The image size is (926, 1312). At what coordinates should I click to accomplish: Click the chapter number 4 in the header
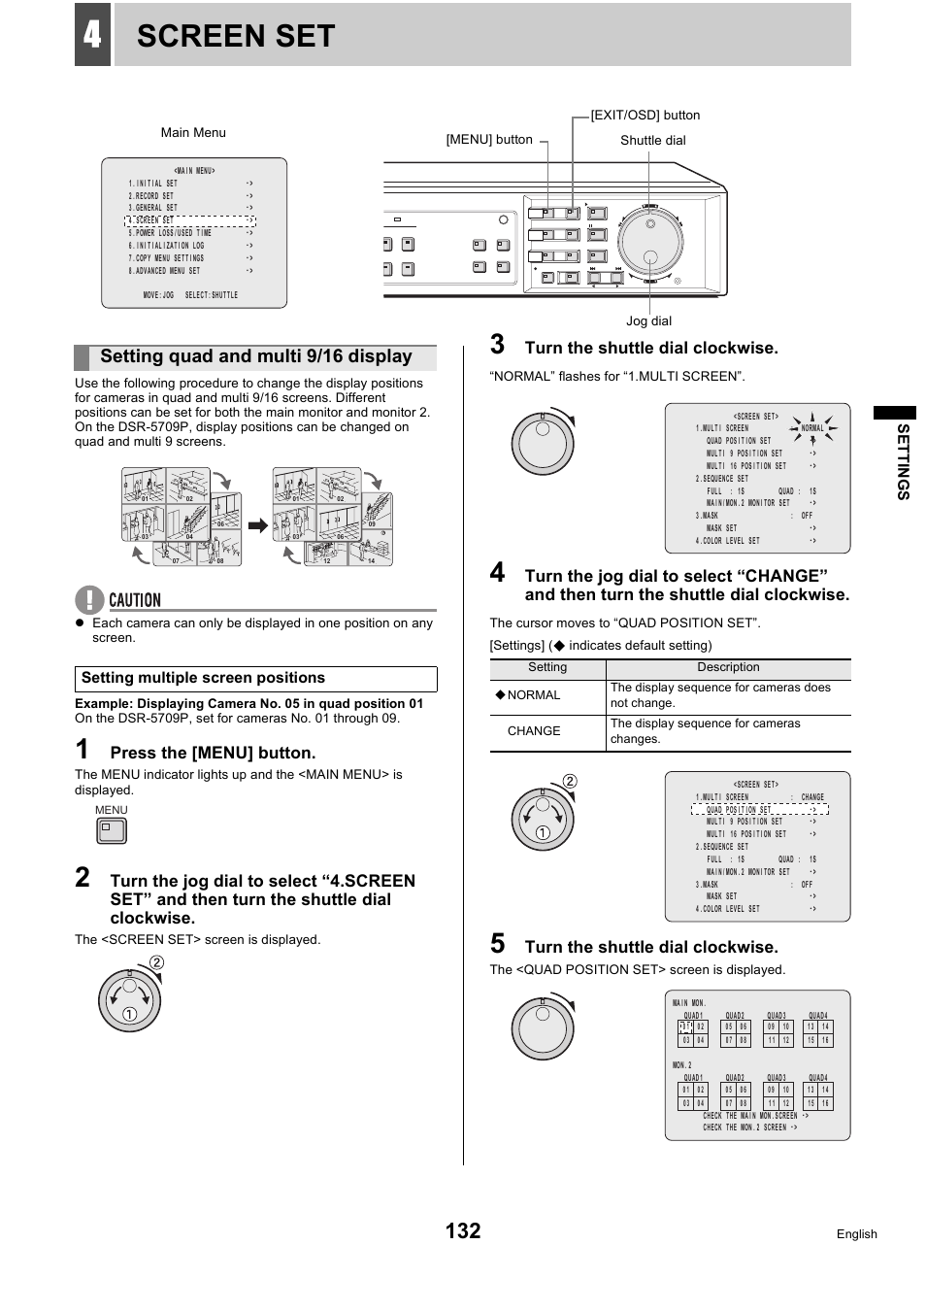[x=92, y=35]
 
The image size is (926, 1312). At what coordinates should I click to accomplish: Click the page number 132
[x=463, y=1230]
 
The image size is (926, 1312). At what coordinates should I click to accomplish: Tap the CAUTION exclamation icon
[x=88, y=600]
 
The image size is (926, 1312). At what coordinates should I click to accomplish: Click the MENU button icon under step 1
[x=112, y=831]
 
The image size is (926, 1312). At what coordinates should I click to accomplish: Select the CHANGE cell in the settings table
[x=534, y=731]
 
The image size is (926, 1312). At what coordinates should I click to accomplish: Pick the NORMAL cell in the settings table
[x=533, y=695]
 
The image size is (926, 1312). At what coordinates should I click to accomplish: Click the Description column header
[x=728, y=667]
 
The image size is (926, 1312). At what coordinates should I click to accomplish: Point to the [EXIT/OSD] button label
[x=645, y=116]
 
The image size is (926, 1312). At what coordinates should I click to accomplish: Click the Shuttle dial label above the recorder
[x=652, y=141]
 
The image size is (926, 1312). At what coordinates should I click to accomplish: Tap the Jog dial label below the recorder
[x=648, y=321]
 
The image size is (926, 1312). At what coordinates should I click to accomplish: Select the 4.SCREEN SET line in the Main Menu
[x=190, y=220]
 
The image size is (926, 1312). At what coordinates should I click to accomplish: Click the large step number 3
[x=497, y=345]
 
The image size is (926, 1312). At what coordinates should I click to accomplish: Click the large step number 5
[x=497, y=944]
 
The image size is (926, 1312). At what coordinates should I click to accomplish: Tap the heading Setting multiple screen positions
[x=203, y=678]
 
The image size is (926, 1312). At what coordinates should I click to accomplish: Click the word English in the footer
[x=856, y=1234]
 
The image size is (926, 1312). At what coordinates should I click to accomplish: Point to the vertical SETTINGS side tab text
[x=903, y=461]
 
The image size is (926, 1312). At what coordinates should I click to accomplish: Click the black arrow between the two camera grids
[x=257, y=525]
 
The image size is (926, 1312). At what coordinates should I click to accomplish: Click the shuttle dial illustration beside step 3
[x=543, y=443]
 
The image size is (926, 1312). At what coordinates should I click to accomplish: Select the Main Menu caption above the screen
[x=193, y=133]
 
